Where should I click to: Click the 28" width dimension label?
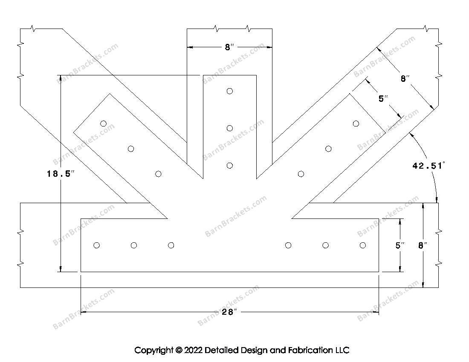point(229,312)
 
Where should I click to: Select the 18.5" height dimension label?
point(61,173)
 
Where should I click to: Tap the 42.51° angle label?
point(428,166)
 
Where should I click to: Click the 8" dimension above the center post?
point(229,47)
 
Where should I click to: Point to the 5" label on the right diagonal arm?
point(383,98)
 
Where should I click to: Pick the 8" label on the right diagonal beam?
point(405,78)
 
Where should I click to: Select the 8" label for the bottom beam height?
point(423,245)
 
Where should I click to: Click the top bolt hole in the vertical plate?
point(230,91)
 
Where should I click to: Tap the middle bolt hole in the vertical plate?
point(230,128)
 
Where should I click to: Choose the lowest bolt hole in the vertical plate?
point(230,166)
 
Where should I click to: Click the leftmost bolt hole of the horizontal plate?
point(97,245)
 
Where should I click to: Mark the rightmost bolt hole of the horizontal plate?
point(363,245)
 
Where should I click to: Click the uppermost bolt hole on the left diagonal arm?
point(104,124)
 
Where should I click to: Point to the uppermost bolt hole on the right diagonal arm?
point(356,124)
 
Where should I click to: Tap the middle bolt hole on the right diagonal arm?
point(328,149)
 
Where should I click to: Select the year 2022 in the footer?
point(193,350)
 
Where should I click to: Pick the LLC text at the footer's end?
point(342,350)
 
